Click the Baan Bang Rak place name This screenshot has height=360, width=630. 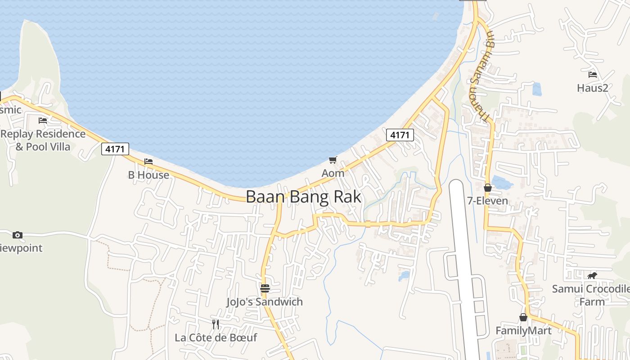click(303, 197)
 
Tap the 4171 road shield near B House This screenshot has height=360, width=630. click(115, 149)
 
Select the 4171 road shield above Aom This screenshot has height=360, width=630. click(400, 135)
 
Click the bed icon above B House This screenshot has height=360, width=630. click(148, 162)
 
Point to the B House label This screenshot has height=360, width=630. click(148, 175)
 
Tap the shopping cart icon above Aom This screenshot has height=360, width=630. click(333, 160)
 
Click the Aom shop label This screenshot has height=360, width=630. click(333, 173)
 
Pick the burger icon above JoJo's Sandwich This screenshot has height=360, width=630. click(265, 288)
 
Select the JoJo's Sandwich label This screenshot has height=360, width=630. click(265, 302)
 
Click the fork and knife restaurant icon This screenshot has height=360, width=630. click(216, 324)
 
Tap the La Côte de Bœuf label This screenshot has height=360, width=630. click(216, 337)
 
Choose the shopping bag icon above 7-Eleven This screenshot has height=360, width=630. click(487, 188)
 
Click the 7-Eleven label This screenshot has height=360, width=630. click(488, 201)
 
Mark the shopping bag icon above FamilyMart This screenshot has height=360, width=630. click(523, 317)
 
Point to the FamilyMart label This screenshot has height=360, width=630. click(523, 331)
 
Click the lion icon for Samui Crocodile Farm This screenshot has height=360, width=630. click(592, 275)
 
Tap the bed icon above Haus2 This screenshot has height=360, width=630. click(593, 74)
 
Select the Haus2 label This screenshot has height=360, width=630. click(593, 88)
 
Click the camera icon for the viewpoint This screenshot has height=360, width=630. click(18, 235)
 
